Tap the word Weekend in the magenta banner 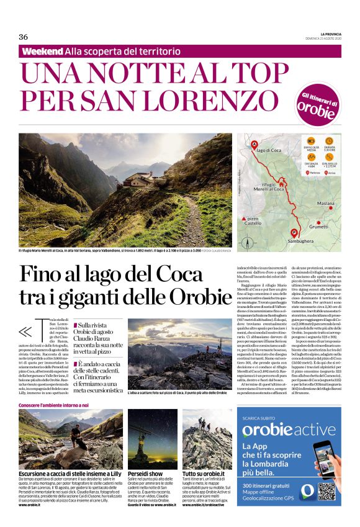tap(42, 50)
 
